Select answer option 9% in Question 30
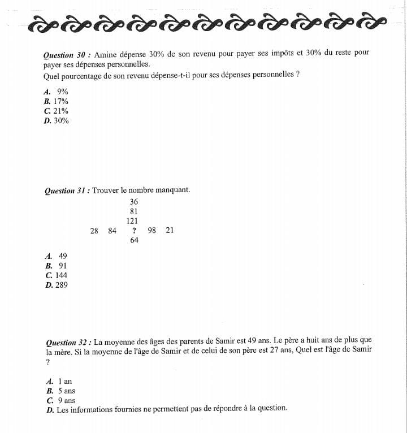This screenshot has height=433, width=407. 62,92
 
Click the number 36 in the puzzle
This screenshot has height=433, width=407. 133,202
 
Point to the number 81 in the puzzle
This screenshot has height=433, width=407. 134,211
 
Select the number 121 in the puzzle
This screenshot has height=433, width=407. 133,221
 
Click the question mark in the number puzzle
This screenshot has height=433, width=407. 134,231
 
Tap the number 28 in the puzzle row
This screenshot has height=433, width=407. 94,231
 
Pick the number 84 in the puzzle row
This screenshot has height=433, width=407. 112,231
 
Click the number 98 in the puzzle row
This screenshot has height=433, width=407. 151,231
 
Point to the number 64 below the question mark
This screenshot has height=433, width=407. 134,240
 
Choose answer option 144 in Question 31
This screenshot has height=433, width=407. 61,275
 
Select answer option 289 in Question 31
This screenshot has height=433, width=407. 61,285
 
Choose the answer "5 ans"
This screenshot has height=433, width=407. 66,391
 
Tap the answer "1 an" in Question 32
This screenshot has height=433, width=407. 65,382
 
